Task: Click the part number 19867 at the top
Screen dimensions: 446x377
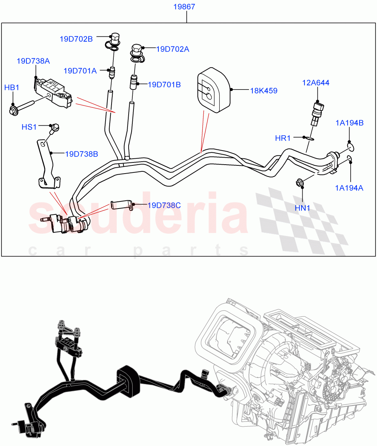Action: pyautogui.click(x=184, y=7)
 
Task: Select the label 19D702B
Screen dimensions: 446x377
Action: pyautogui.click(x=77, y=39)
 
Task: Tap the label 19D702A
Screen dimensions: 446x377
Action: pyautogui.click(x=173, y=49)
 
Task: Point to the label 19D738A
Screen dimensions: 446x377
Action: pyautogui.click(x=33, y=61)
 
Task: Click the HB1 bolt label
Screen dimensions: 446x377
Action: pyautogui.click(x=12, y=88)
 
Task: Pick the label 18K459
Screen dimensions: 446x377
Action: pyautogui.click(x=263, y=90)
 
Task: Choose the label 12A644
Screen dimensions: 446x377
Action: pyautogui.click(x=316, y=83)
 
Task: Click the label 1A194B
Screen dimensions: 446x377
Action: pyautogui.click(x=349, y=123)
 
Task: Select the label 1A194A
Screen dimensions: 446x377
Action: pyautogui.click(x=349, y=188)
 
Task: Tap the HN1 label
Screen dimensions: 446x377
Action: pyautogui.click(x=302, y=208)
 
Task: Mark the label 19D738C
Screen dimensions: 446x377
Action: pyautogui.click(x=164, y=205)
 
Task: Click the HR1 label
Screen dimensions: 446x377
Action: pyautogui.click(x=283, y=138)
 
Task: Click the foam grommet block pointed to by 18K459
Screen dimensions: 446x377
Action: pyautogui.click(x=213, y=89)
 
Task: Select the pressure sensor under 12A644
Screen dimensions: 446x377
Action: pyautogui.click(x=317, y=112)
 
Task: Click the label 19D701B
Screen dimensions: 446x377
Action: pyautogui.click(x=164, y=85)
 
